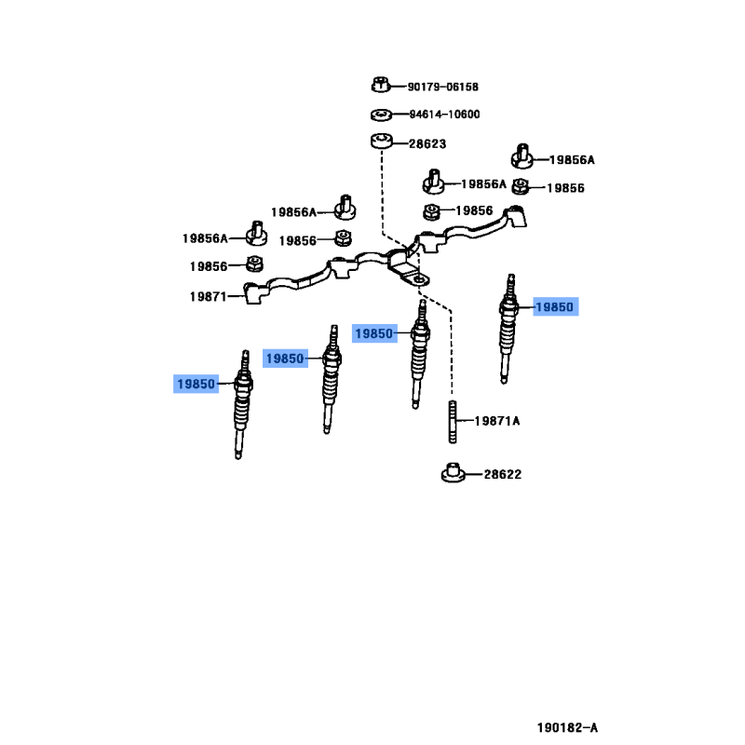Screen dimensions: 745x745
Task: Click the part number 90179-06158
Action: pyautogui.click(x=443, y=87)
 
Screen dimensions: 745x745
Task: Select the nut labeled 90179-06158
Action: pyautogui.click(x=380, y=85)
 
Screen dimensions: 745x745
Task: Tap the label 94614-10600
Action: pyautogui.click(x=445, y=115)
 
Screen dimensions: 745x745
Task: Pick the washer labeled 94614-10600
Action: pyautogui.click(x=381, y=115)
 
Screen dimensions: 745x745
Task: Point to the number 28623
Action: pyautogui.click(x=427, y=143)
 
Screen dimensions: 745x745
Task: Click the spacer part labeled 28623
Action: pyautogui.click(x=382, y=141)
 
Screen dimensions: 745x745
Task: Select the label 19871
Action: pyautogui.click(x=208, y=296)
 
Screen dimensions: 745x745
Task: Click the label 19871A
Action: pyautogui.click(x=497, y=421)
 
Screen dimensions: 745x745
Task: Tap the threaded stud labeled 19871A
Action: pyautogui.click(x=453, y=422)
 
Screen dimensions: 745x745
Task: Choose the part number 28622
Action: pyautogui.click(x=503, y=474)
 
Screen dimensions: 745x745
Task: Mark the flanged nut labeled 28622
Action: pyautogui.click(x=454, y=472)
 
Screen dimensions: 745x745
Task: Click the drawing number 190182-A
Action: pyautogui.click(x=567, y=727)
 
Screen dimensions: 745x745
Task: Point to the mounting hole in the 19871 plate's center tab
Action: pyautogui.click(x=417, y=281)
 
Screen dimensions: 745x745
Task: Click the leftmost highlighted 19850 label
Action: pyautogui.click(x=196, y=384)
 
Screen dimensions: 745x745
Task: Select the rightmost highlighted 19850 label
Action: pyautogui.click(x=555, y=307)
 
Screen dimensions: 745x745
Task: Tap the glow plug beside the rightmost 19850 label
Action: pyautogui.click(x=508, y=328)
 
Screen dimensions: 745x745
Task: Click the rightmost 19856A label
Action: pyautogui.click(x=572, y=160)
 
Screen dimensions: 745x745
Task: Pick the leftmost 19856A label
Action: pyautogui.click(x=205, y=238)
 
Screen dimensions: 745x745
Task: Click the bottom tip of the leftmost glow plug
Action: pyautogui.click(x=238, y=457)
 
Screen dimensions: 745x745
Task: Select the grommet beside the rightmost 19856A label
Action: pyautogui.click(x=521, y=156)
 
